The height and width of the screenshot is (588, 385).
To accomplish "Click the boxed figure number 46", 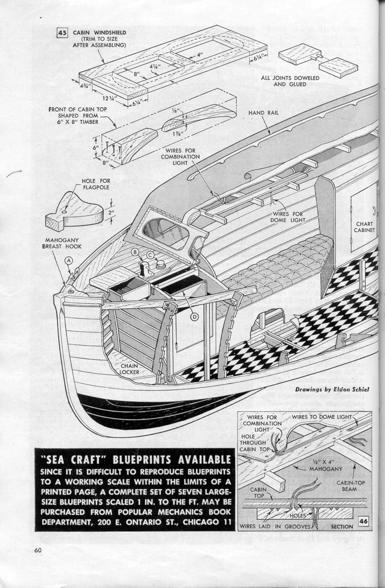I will click(x=363, y=521).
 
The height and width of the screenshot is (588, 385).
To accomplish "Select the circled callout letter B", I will click(x=134, y=251).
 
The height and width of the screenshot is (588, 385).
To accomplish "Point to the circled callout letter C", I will click(x=150, y=254).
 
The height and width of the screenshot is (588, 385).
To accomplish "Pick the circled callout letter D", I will click(x=195, y=316).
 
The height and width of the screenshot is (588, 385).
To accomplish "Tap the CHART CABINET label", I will click(x=364, y=227).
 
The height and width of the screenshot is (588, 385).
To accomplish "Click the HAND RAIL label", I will click(x=263, y=113).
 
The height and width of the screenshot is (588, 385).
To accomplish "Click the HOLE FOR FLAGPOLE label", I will click(x=96, y=184).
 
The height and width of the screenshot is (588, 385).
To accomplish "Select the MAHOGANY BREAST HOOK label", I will click(x=62, y=243).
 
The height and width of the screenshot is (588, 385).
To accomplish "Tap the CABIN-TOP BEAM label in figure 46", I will click(x=349, y=486).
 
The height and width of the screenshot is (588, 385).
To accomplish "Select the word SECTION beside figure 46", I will click(x=342, y=526).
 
